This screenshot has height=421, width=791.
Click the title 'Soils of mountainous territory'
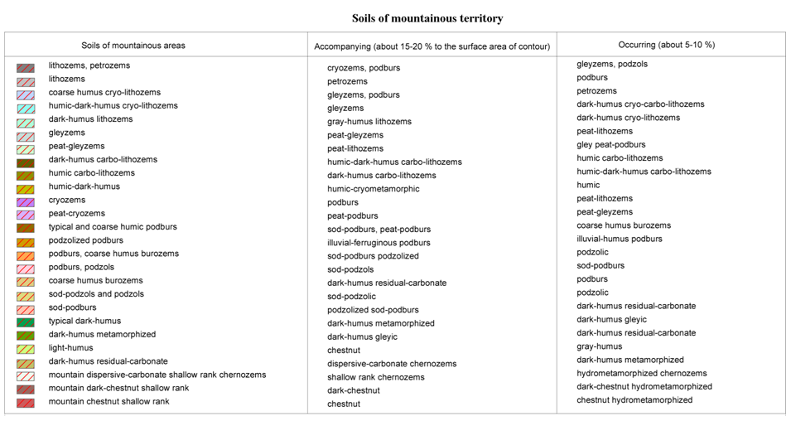tap(427, 18)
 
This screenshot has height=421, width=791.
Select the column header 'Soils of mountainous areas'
tap(133, 46)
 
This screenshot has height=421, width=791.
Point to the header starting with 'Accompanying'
tap(432, 46)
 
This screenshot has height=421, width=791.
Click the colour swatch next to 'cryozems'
tap(26, 201)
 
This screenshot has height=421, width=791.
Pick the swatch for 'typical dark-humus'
tap(26, 322)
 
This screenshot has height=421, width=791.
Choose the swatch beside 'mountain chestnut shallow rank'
tap(26, 403)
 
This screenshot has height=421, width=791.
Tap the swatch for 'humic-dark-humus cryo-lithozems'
tap(26, 107)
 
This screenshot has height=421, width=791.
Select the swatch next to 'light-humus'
tap(26, 349)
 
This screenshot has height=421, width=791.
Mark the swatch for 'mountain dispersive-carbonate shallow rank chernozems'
tap(26, 375)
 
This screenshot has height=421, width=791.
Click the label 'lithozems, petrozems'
tap(89, 65)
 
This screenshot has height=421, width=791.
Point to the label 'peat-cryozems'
tap(76, 214)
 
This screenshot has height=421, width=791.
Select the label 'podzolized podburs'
tap(85, 240)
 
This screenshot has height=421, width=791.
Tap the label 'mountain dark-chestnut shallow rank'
tap(118, 388)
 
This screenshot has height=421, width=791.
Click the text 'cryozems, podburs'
tap(364, 68)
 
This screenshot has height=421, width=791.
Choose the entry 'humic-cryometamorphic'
tap(373, 189)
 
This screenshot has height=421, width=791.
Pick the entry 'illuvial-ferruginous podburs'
tap(379, 243)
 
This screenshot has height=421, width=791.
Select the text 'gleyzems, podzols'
tap(612, 64)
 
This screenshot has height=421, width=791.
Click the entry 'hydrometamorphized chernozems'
tap(642, 374)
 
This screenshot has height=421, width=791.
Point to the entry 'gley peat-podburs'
tap(611, 145)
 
